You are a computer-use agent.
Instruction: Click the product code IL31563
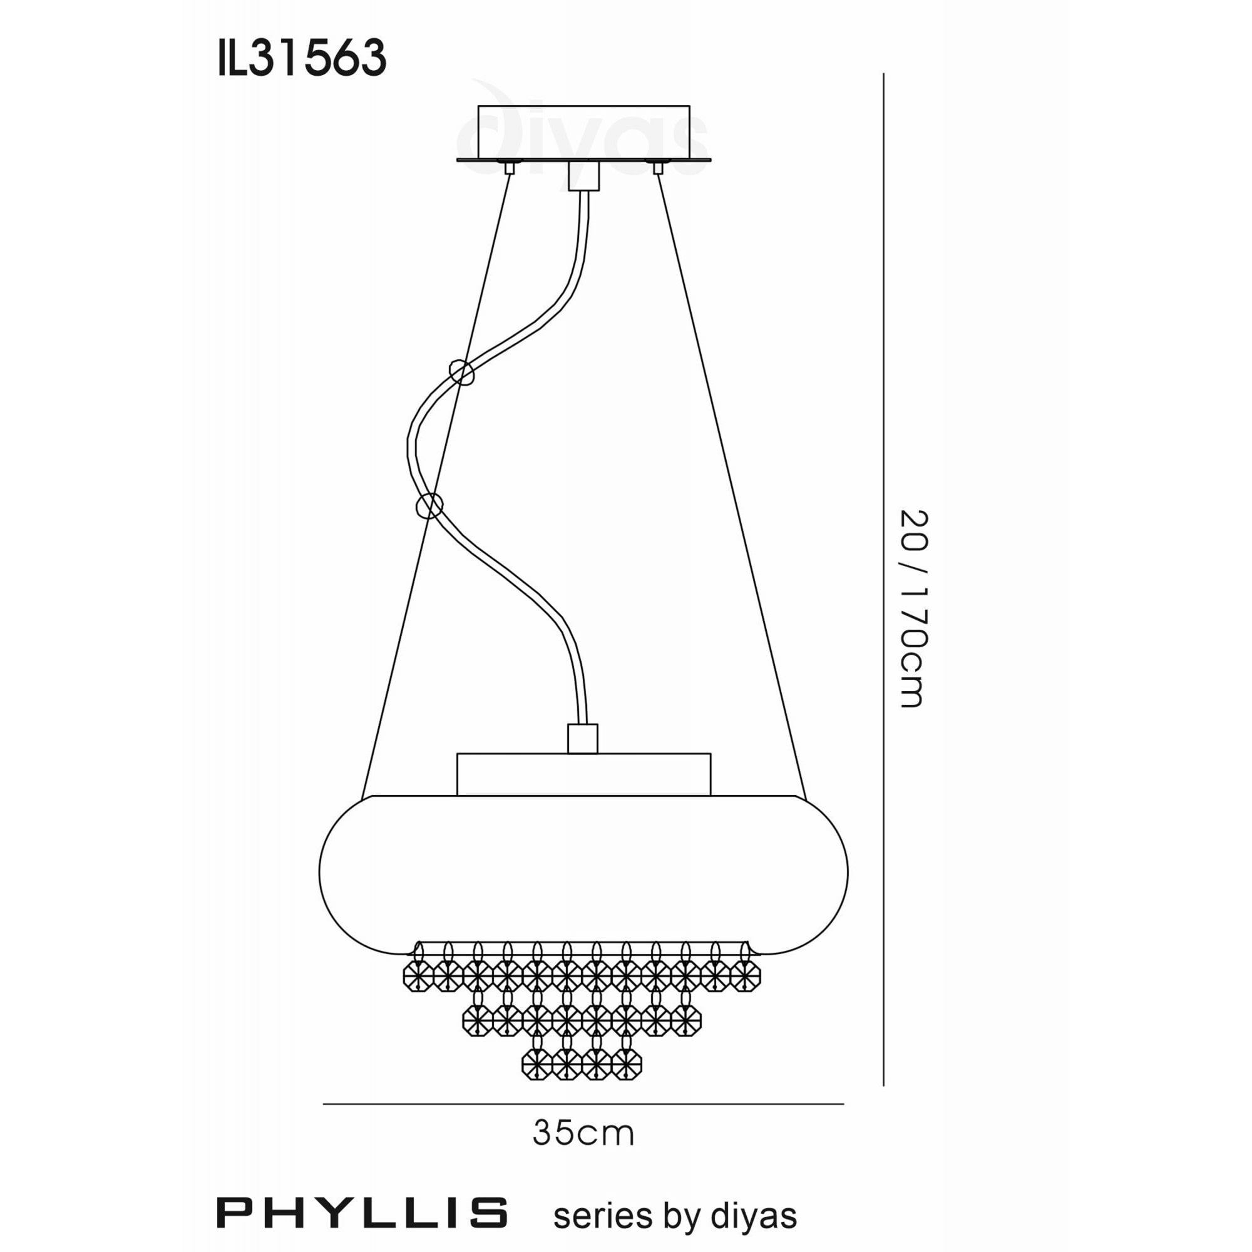(x=302, y=58)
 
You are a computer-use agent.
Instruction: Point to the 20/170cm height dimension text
(x=915, y=608)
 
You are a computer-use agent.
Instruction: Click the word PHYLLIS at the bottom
(x=362, y=1213)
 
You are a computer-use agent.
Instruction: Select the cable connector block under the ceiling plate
(x=583, y=176)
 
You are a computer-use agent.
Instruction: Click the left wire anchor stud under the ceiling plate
(x=510, y=168)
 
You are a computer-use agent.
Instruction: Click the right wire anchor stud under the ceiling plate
(x=658, y=168)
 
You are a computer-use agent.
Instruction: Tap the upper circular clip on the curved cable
(x=462, y=372)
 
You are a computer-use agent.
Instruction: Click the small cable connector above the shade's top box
(x=582, y=739)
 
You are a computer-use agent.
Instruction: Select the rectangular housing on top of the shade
(x=583, y=774)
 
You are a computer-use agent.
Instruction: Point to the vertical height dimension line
(x=884, y=583)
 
